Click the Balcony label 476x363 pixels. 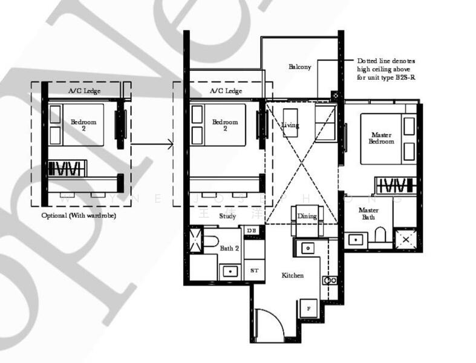click(x=299, y=67)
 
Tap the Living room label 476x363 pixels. click(x=290, y=125)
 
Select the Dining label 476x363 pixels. click(x=307, y=216)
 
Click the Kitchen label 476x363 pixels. click(x=293, y=275)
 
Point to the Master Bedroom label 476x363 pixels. click(x=381, y=138)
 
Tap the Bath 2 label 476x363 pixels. click(x=229, y=248)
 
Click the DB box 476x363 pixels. click(x=252, y=231)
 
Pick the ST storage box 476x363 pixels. click(x=253, y=270)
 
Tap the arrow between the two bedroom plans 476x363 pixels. click(x=152, y=144)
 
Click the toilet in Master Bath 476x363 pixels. click(x=380, y=234)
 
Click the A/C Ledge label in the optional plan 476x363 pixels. click(x=83, y=91)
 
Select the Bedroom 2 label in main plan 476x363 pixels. click(x=224, y=125)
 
